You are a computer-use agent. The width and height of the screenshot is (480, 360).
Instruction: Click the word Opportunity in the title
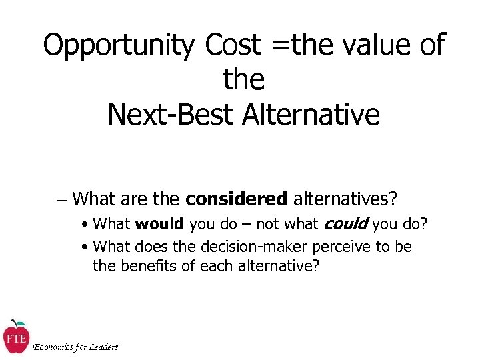[119, 45]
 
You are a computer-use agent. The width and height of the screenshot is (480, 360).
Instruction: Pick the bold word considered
[236, 199]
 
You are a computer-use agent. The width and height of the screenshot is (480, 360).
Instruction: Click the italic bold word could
[346, 223]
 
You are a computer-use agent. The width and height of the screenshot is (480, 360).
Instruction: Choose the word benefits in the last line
[149, 267]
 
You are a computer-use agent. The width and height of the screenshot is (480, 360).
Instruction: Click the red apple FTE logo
[15, 337]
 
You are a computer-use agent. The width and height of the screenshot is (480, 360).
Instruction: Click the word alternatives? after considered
[344, 199]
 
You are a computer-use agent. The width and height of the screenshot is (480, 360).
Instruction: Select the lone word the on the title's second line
[243, 80]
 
